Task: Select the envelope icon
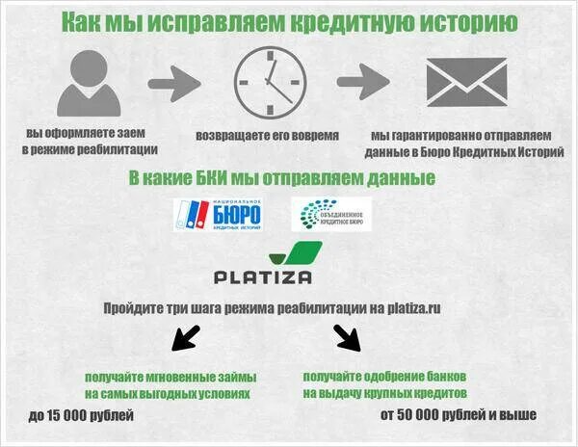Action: tap(465, 82)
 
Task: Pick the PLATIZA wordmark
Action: tap(263, 277)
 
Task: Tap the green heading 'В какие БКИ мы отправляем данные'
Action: tap(281, 178)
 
